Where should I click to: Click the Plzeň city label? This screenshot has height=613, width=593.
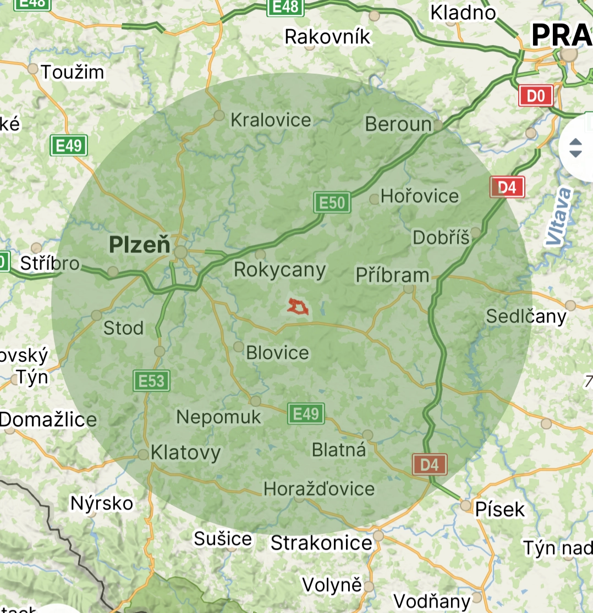click(140, 244)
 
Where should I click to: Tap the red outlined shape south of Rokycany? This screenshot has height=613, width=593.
click(298, 307)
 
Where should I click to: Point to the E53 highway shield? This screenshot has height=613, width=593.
click(151, 380)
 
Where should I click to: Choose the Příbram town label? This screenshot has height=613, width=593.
click(392, 275)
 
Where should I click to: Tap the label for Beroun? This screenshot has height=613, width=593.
click(398, 124)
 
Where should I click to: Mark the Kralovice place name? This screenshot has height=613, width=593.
click(271, 120)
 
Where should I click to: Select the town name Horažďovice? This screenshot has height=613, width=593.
click(319, 488)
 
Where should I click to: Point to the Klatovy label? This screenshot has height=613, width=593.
click(185, 453)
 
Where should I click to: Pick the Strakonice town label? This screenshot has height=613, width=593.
click(321, 543)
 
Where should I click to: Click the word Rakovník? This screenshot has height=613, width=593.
click(328, 37)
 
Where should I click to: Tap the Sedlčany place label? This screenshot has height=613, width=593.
click(526, 316)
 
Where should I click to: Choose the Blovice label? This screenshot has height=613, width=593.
click(278, 352)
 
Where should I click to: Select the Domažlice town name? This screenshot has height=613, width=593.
click(48, 420)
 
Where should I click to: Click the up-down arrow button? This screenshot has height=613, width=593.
click(575, 147)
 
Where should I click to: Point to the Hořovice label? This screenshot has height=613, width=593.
click(420, 196)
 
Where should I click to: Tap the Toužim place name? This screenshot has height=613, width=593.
click(73, 71)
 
